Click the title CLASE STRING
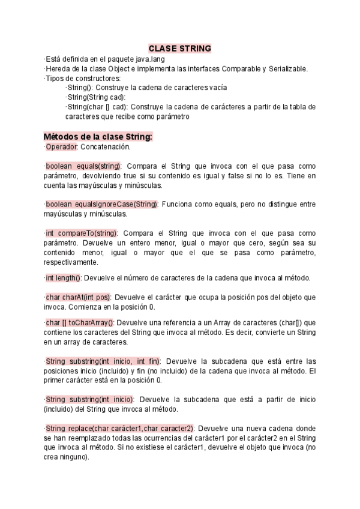click(179, 49)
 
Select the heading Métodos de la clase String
click(98, 137)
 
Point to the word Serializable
click(286, 68)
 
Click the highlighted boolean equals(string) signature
click(83, 166)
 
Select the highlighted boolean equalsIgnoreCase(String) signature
click(101, 204)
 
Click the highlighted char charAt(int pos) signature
click(77, 297)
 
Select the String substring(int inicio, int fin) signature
click(103, 361)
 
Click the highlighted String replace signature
click(119, 428)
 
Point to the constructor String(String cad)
click(96, 97)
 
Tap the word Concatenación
click(104, 146)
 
